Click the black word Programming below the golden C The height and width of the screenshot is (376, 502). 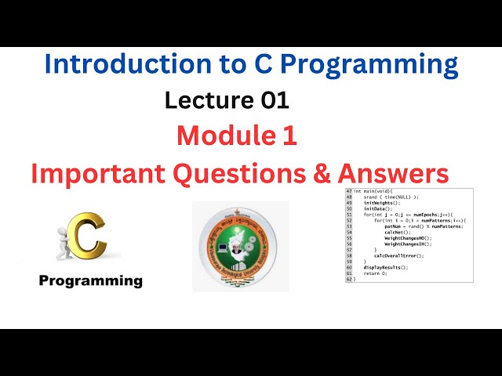point(91,280)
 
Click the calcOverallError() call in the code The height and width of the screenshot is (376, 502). point(398,255)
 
